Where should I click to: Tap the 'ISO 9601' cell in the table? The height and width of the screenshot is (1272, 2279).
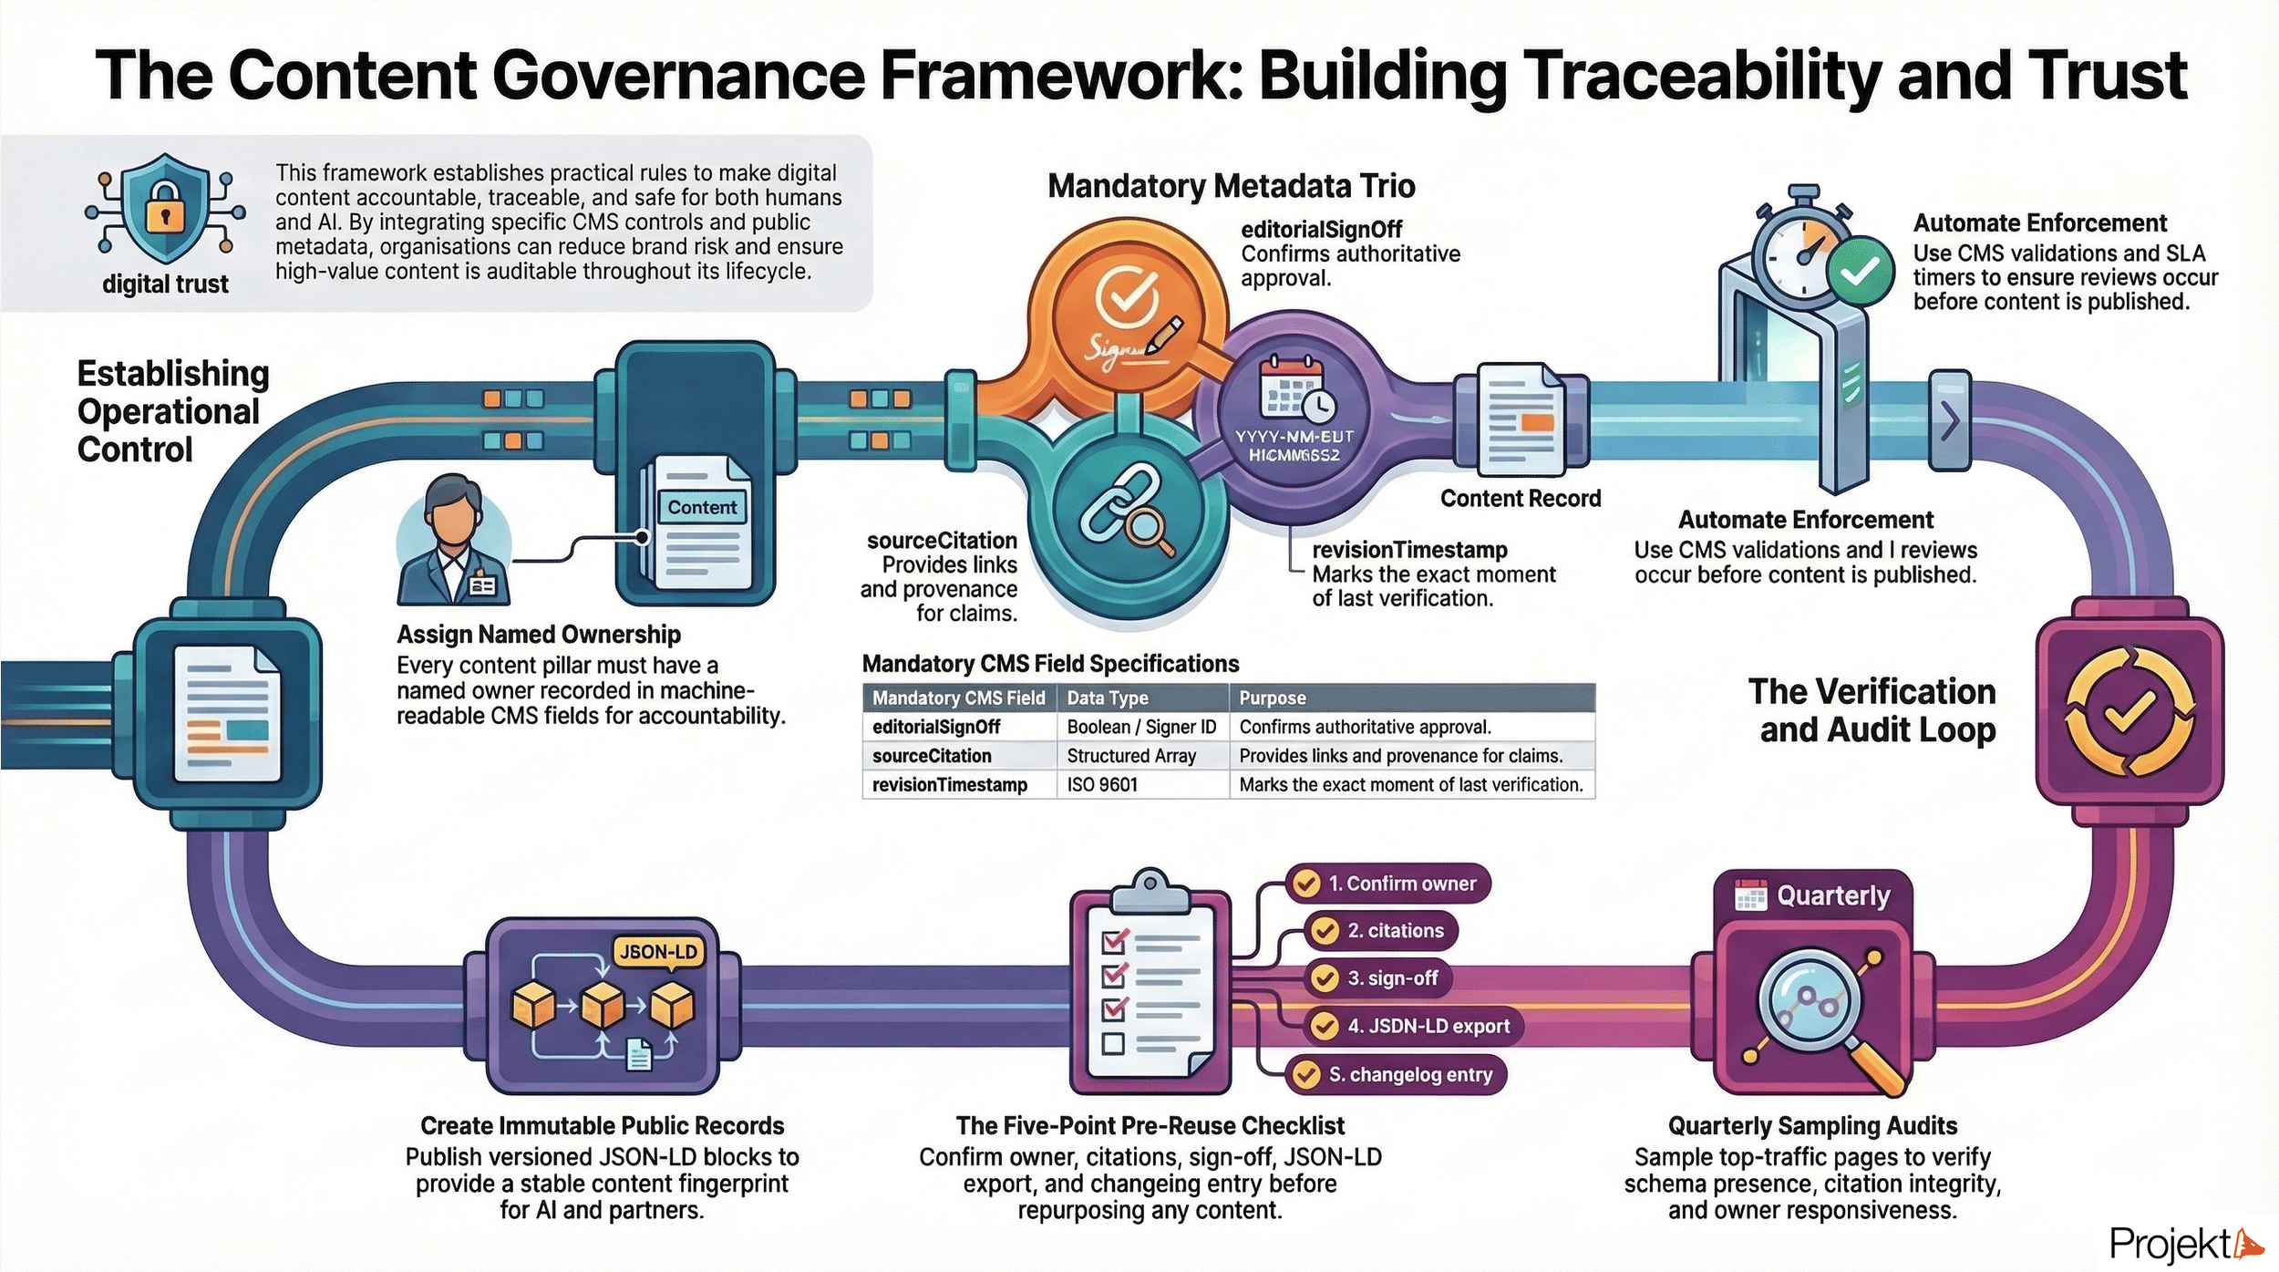(x=1102, y=784)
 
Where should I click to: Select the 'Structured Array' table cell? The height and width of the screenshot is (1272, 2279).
(x=1130, y=755)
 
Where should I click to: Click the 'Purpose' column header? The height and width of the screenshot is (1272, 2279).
(x=1272, y=698)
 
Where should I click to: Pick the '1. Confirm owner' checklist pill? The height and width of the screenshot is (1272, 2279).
(x=1389, y=883)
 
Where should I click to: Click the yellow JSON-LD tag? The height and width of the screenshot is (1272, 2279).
(x=658, y=952)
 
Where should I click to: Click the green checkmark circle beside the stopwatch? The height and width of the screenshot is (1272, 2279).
(x=1860, y=270)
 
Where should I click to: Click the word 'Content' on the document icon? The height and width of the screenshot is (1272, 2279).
(x=701, y=507)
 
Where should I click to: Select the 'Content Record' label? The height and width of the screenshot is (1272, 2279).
(x=1520, y=498)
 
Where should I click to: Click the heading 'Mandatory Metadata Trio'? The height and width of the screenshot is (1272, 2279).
(x=1231, y=186)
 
